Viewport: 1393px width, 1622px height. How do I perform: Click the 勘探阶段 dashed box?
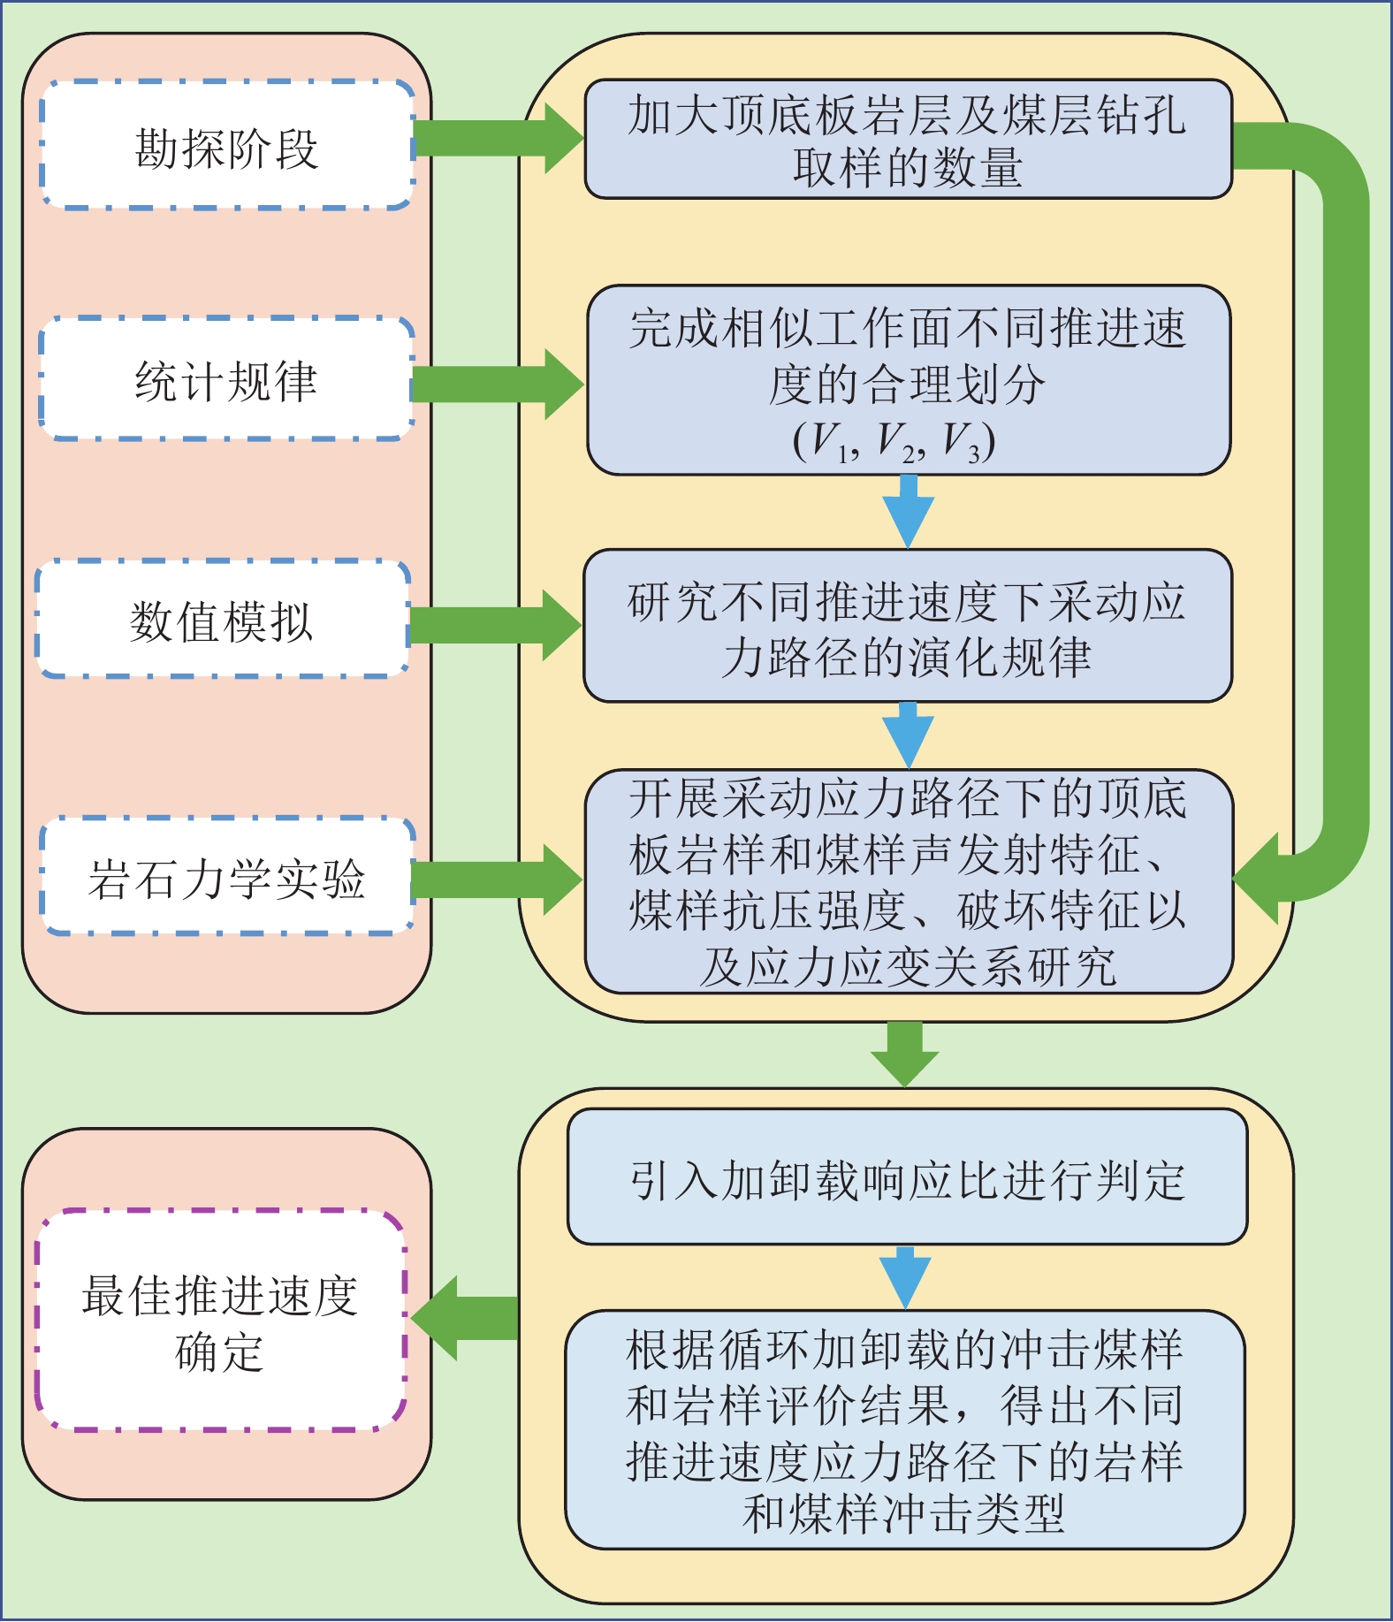coord(227,146)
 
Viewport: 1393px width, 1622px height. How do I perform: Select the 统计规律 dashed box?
coord(226,380)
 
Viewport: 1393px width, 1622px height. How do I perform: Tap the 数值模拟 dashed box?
coord(222,620)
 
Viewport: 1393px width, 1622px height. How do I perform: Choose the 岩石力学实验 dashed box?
coord(227,877)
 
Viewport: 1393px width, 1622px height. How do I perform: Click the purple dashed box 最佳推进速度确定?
coord(220,1321)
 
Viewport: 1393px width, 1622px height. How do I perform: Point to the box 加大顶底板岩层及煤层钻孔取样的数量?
coord(908,140)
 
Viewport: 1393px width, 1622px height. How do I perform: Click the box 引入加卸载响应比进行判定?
coord(907,1178)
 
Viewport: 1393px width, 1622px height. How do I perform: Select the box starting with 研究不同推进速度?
coord(907,627)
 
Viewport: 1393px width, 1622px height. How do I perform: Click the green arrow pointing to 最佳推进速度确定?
coord(465,1318)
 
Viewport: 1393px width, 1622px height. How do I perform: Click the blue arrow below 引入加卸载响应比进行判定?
coord(905,1277)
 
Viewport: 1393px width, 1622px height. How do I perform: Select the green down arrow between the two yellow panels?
coord(904,1054)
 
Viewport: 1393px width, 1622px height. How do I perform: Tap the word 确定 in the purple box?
coord(219,1352)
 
